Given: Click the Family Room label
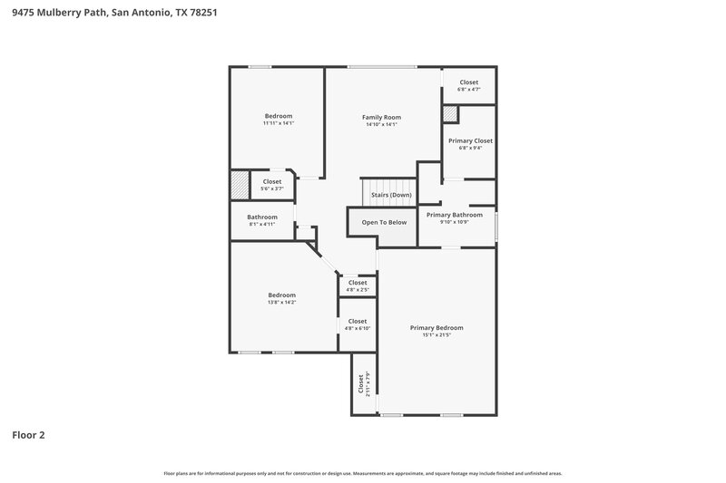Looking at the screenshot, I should pos(381,117).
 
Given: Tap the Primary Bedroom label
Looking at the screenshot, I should pos(436,327).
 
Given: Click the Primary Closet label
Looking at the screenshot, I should pos(470,140).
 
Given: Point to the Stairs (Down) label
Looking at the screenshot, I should pos(391,195).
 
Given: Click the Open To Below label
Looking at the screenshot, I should pos(384,222).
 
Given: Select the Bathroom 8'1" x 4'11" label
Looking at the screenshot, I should pos(262,217).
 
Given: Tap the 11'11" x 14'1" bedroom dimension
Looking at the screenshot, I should pos(279,123).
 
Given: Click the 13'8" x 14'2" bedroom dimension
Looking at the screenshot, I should pos(281,302).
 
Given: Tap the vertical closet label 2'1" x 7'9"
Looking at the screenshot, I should pos(364,384).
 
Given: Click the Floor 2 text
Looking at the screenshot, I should pos(28,435).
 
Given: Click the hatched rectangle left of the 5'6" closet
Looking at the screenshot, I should pos(238,185).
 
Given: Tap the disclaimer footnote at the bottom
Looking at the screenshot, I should pos(363,473).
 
